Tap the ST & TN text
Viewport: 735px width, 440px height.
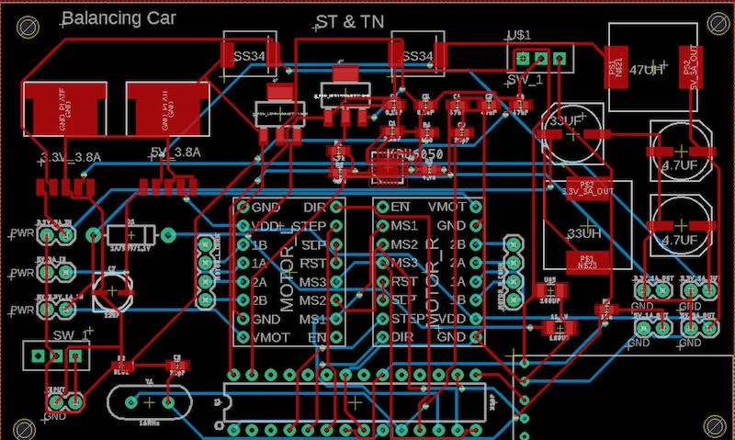point(349,22)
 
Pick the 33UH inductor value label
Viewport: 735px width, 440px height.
point(585,232)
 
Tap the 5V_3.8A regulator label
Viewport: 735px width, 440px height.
point(174,152)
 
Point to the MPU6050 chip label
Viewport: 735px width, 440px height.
point(413,154)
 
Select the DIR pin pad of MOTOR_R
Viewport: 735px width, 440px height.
point(382,337)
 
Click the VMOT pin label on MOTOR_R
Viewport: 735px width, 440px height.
point(447,207)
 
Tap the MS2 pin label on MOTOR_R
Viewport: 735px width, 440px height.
point(404,244)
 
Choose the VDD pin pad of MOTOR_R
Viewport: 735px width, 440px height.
point(475,319)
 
